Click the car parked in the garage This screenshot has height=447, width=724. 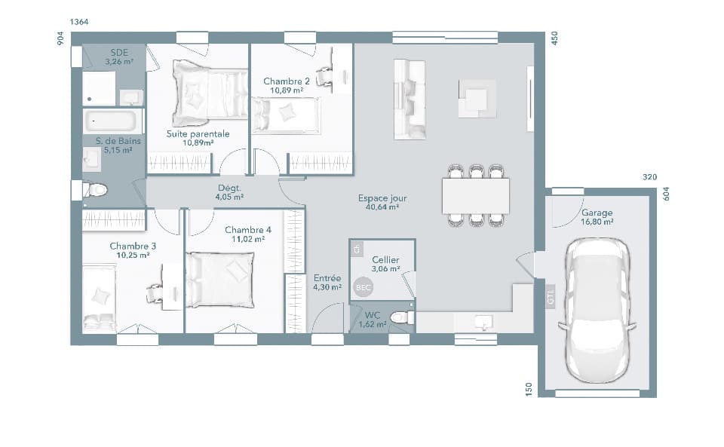[597, 309]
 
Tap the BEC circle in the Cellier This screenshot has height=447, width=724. [364, 287]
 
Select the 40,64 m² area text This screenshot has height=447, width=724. [382, 207]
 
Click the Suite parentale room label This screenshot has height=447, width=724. [198, 133]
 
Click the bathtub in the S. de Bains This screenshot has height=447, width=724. [112, 121]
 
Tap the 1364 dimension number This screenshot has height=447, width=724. [79, 22]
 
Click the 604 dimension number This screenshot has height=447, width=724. [666, 193]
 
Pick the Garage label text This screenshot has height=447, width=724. [597, 213]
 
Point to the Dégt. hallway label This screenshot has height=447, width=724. [229, 188]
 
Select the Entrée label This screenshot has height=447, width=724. [327, 278]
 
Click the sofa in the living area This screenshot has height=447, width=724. [410, 100]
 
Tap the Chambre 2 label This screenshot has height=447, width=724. [287, 81]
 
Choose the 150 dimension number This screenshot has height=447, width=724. [529, 389]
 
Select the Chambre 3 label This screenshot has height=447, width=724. [133, 246]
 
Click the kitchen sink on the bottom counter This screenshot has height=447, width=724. [481, 322]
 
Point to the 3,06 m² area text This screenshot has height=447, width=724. [385, 268]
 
